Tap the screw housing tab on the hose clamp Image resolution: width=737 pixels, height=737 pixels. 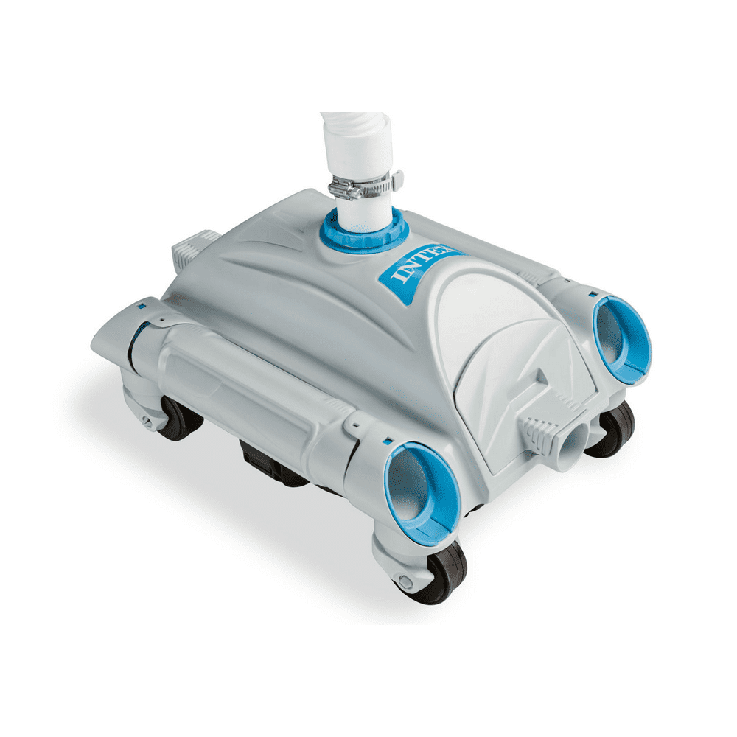coord(396,179)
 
